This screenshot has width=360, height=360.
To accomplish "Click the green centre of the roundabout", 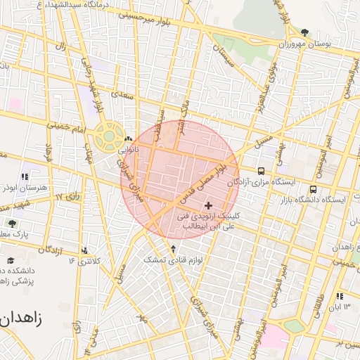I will (x=110, y=134).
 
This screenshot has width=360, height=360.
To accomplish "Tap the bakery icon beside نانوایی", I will (x=127, y=139).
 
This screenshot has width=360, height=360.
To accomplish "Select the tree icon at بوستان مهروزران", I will (x=304, y=32).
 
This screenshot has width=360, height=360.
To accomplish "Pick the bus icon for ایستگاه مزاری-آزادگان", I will (x=262, y=171).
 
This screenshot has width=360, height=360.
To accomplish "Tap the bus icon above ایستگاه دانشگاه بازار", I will (x=313, y=188).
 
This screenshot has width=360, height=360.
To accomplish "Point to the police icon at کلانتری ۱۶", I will (x=85, y=250).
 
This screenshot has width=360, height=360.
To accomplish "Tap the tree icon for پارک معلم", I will (x=11, y=223).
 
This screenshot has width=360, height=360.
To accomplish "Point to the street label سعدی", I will (x=126, y=93).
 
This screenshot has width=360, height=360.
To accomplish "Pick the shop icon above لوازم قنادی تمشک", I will (x=174, y=249).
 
